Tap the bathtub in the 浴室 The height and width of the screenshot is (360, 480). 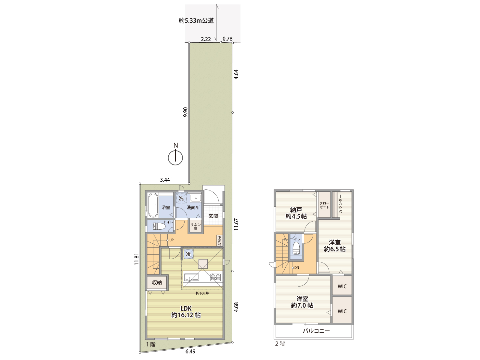pyautogui.click(x=153, y=205)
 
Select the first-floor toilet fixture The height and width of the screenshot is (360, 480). pyautogui.click(x=159, y=226)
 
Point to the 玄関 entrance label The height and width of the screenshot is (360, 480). pyautogui.click(x=213, y=216)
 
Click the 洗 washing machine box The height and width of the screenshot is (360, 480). pyautogui.click(x=181, y=198)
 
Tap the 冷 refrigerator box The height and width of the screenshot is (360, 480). pyautogui.click(x=188, y=254)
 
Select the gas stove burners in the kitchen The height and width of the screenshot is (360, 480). pyautogui.click(x=215, y=277)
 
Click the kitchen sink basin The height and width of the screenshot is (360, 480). pyautogui.click(x=191, y=277)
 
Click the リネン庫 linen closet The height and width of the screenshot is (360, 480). pyautogui.click(x=195, y=226)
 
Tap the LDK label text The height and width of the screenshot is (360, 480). pyautogui.click(x=186, y=308)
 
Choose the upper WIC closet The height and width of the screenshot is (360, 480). pyautogui.click(x=342, y=286)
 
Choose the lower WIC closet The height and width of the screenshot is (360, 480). pyautogui.click(x=342, y=311)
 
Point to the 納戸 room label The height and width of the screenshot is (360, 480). pyautogui.click(x=296, y=210)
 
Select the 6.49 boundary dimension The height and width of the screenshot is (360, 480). pyautogui.click(x=190, y=351)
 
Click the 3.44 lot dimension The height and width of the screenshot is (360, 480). pyautogui.click(x=165, y=180)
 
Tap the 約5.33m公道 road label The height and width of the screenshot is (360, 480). pyautogui.click(x=196, y=21)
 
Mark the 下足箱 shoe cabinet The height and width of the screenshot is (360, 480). pyautogui.click(x=220, y=240)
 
